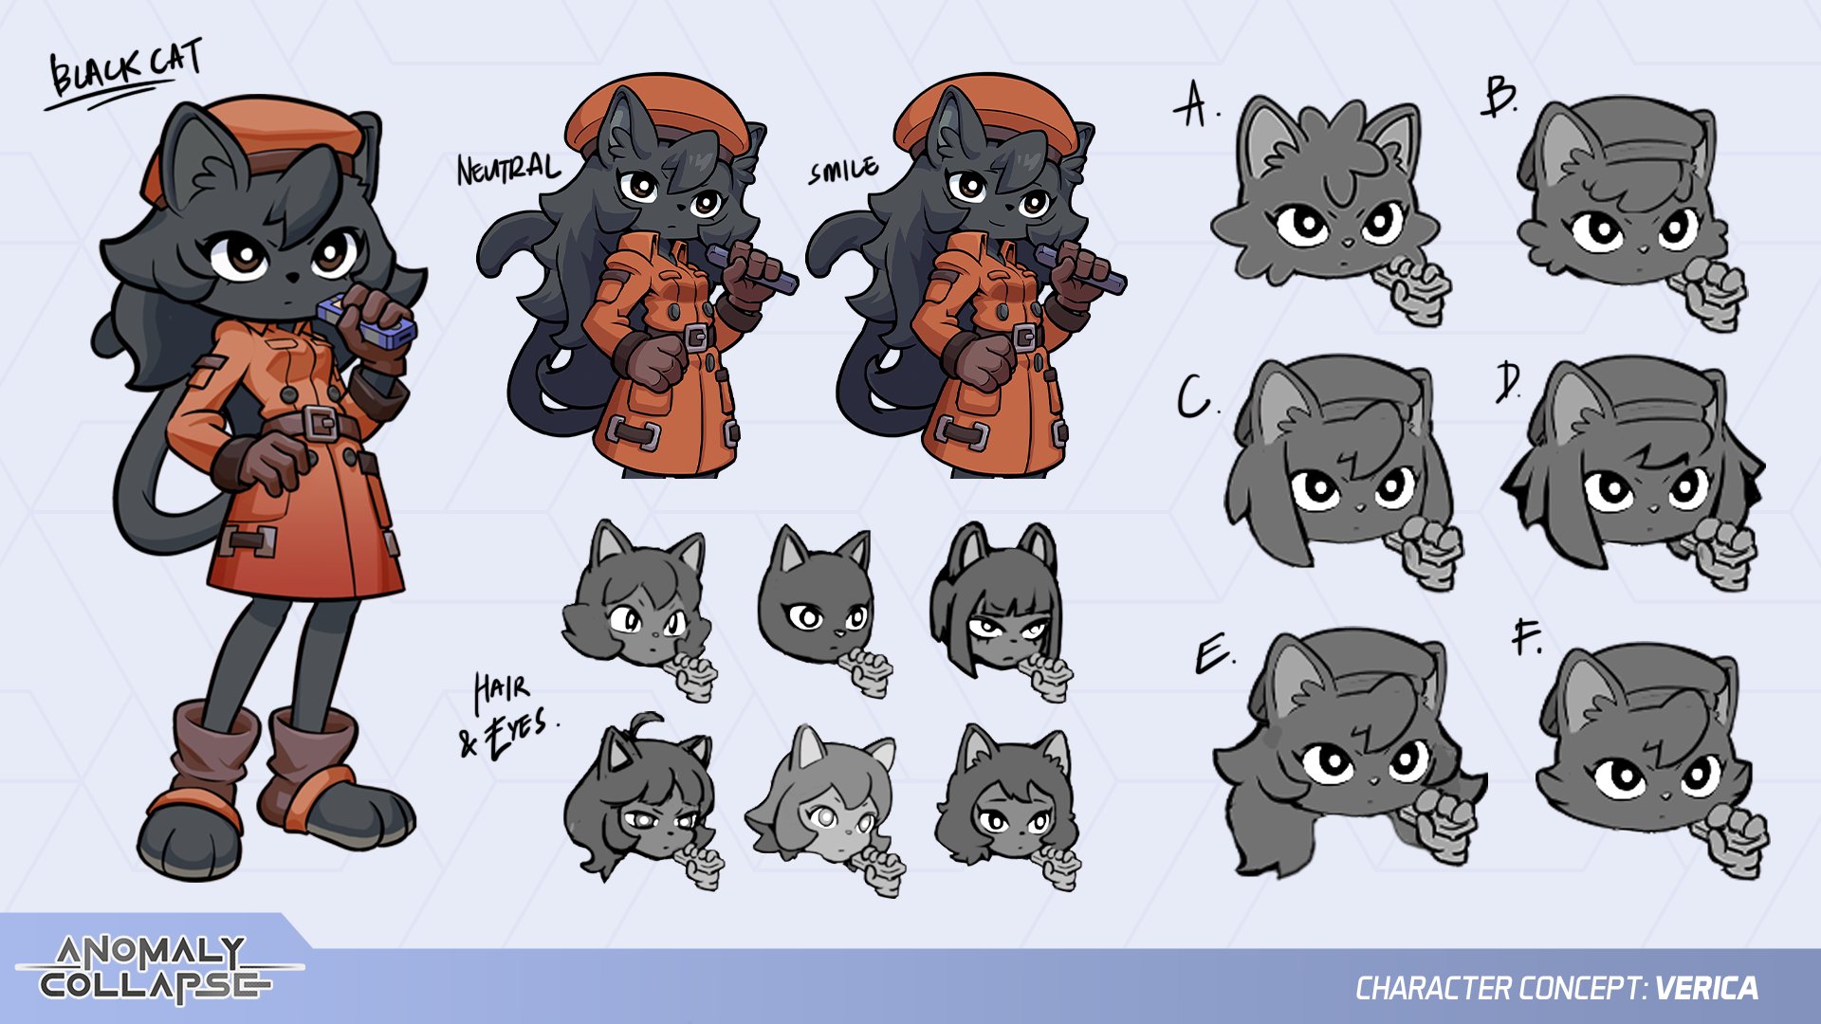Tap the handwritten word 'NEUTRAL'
(508, 169)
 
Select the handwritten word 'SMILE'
(843, 170)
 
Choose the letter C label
(1197, 397)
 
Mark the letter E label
(1214, 654)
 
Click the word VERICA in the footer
(1706, 989)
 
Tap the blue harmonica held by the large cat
(366, 320)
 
